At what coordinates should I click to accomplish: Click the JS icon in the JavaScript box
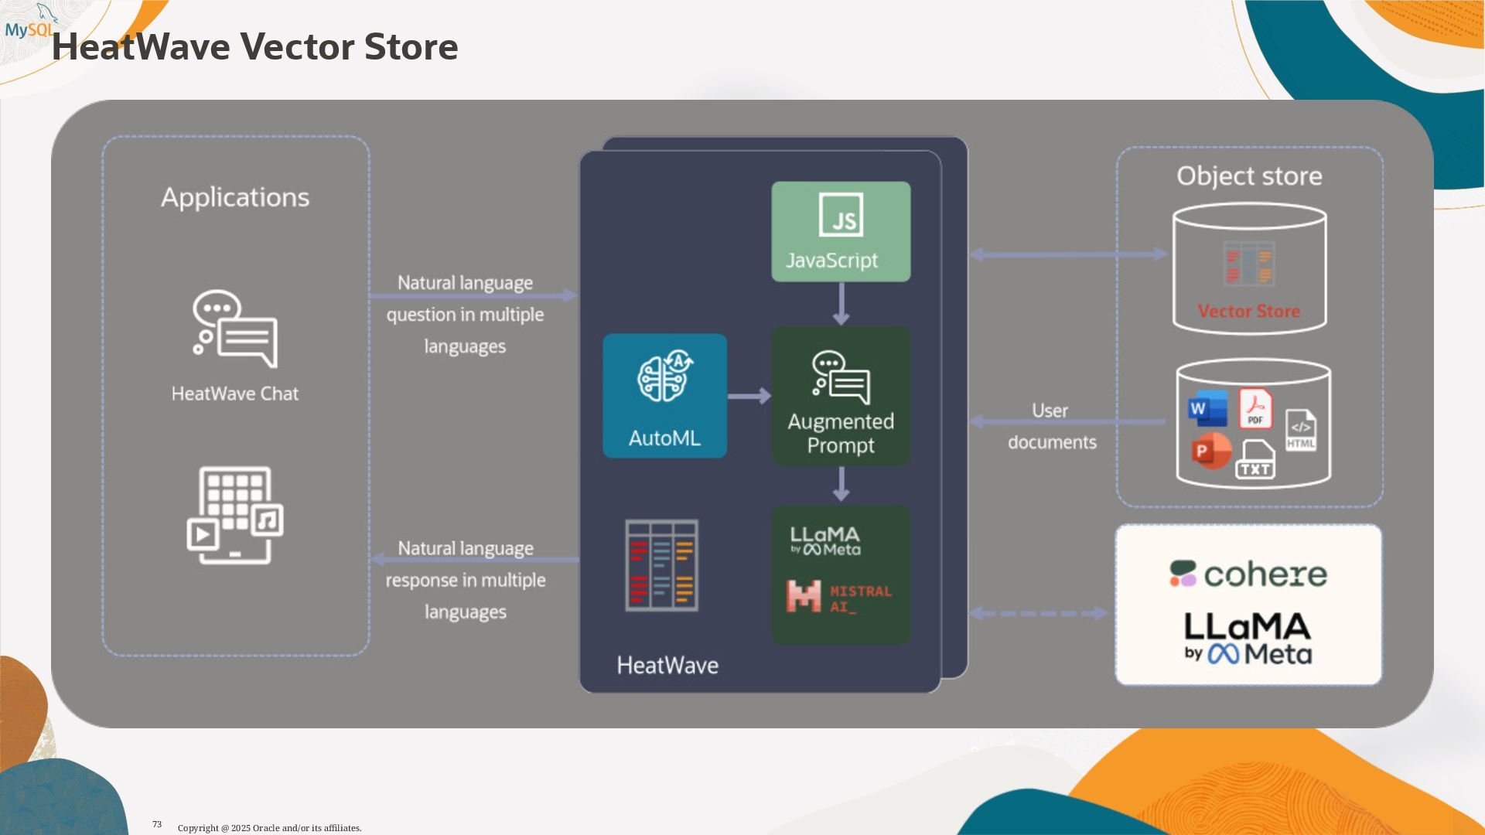point(841,215)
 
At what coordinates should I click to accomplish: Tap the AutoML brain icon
point(664,377)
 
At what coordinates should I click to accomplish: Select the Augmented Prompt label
point(841,433)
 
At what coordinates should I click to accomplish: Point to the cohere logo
point(1248,574)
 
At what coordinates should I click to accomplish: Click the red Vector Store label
point(1248,311)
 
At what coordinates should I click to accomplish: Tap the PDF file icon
point(1255,408)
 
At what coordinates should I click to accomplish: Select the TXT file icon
point(1255,461)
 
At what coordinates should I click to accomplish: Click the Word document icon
point(1207,409)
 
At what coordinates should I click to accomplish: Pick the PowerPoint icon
point(1210,451)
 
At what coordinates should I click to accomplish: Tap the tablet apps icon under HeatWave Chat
point(235,515)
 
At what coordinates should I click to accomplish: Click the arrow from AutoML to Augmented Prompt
point(749,396)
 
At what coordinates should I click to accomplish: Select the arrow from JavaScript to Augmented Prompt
point(841,304)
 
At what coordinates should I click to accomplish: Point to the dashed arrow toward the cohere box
point(1038,613)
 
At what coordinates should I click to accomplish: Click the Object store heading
point(1249,176)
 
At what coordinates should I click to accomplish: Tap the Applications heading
point(235,197)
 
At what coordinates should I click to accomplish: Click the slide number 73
point(157,825)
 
